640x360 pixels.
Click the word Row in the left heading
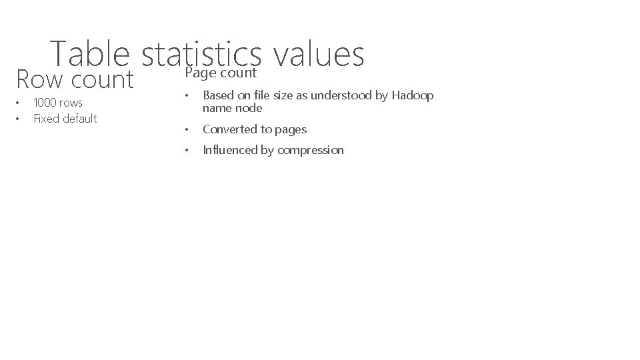point(37,80)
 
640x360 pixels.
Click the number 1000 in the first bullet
point(45,103)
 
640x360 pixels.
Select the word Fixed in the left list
point(45,119)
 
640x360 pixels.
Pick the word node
point(249,108)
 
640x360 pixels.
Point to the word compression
point(311,150)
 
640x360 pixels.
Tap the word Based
point(217,95)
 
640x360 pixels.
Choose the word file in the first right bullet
point(256,95)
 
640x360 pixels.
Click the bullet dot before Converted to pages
point(189,129)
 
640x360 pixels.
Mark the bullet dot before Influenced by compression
point(189,150)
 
